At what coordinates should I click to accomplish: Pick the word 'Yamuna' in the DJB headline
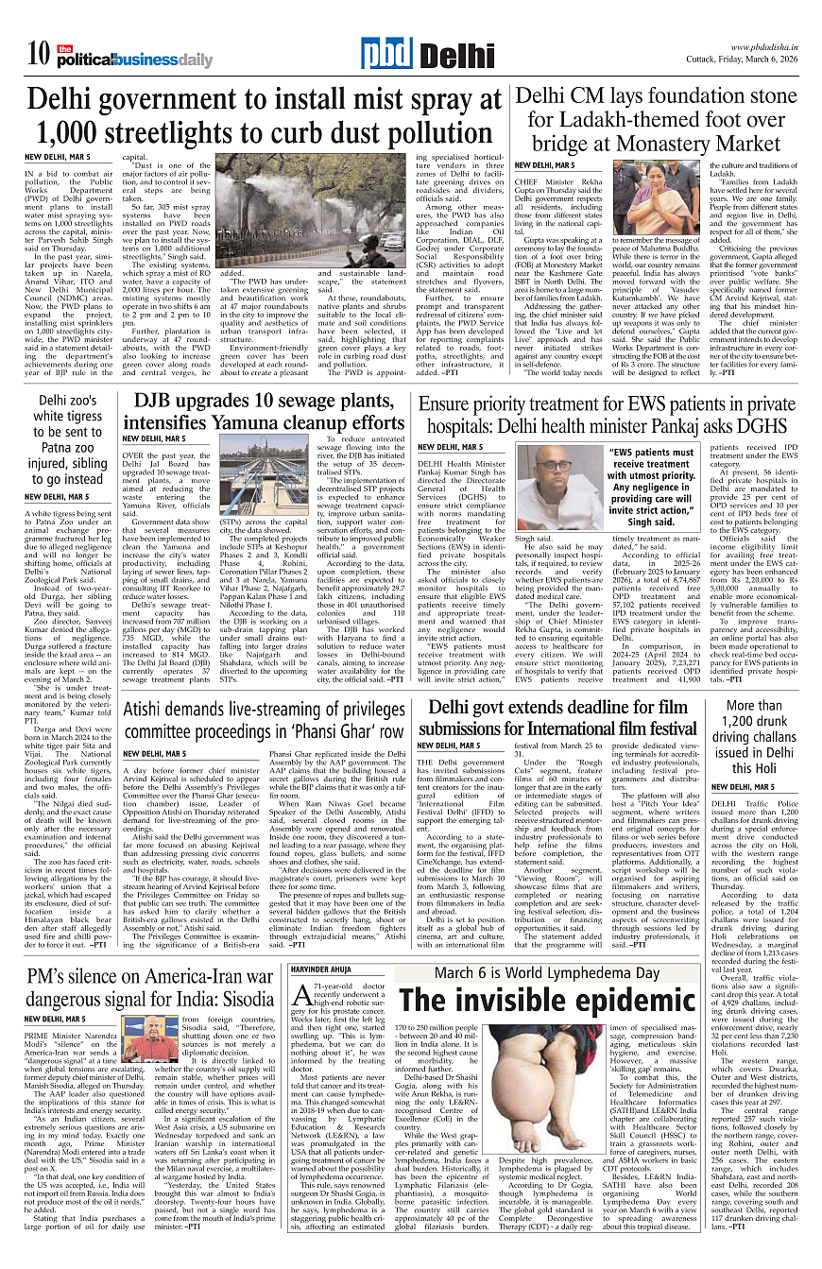pyautogui.click(x=260, y=421)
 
